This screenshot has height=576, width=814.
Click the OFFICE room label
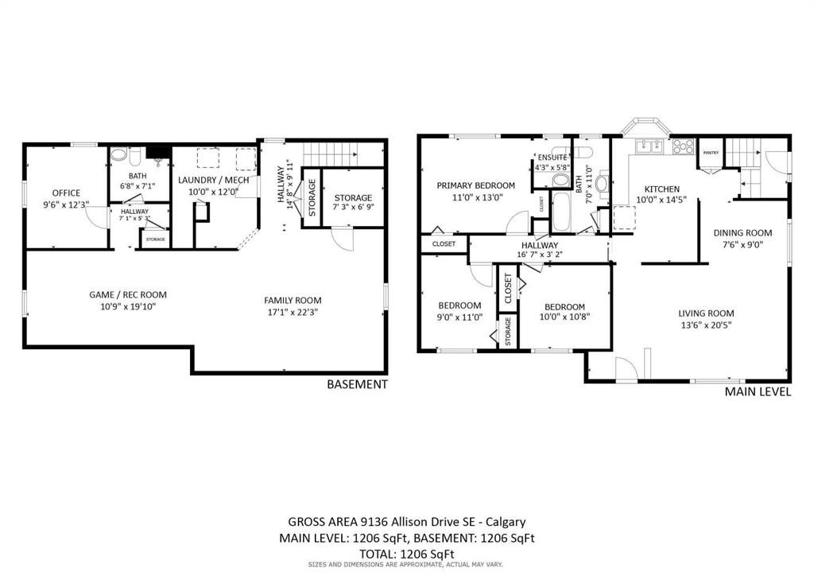tap(66, 193)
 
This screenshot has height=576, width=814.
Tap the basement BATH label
tap(138, 176)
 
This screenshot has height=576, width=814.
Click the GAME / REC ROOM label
tap(128, 294)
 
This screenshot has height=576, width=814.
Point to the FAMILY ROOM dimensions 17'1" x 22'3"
tap(293, 312)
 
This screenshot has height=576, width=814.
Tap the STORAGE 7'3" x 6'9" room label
tap(353, 197)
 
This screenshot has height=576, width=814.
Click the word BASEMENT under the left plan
tap(357, 384)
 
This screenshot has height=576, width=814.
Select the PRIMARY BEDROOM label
tap(475, 185)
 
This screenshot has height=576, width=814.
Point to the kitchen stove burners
tap(683, 146)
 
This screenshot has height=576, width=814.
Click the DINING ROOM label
tap(742, 233)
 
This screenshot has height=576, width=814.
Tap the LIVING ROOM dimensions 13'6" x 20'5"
tap(705, 325)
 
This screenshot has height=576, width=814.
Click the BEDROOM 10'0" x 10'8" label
tap(564, 307)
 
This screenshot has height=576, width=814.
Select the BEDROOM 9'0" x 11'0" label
tap(459, 306)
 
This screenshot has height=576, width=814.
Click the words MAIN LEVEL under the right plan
tap(757, 391)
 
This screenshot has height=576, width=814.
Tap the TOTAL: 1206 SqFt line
tap(406, 553)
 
